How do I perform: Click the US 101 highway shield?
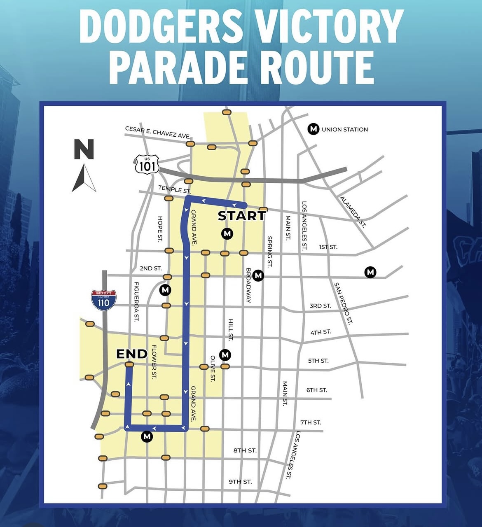(x=147, y=164)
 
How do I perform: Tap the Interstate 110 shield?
(x=103, y=300)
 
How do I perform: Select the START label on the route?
(x=241, y=216)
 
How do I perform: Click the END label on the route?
(x=132, y=354)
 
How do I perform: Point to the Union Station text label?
(x=344, y=129)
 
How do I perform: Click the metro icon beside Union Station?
(x=314, y=129)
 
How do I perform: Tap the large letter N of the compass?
(x=84, y=149)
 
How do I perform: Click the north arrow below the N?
(x=84, y=178)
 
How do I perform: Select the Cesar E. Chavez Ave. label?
(x=158, y=133)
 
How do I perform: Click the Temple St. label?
(x=175, y=190)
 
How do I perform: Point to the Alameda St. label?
(x=353, y=212)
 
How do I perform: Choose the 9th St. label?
(x=240, y=481)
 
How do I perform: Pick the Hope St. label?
(x=160, y=229)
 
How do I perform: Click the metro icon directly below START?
(x=227, y=234)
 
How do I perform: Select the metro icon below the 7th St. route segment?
(x=147, y=436)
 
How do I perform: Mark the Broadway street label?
(x=248, y=285)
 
